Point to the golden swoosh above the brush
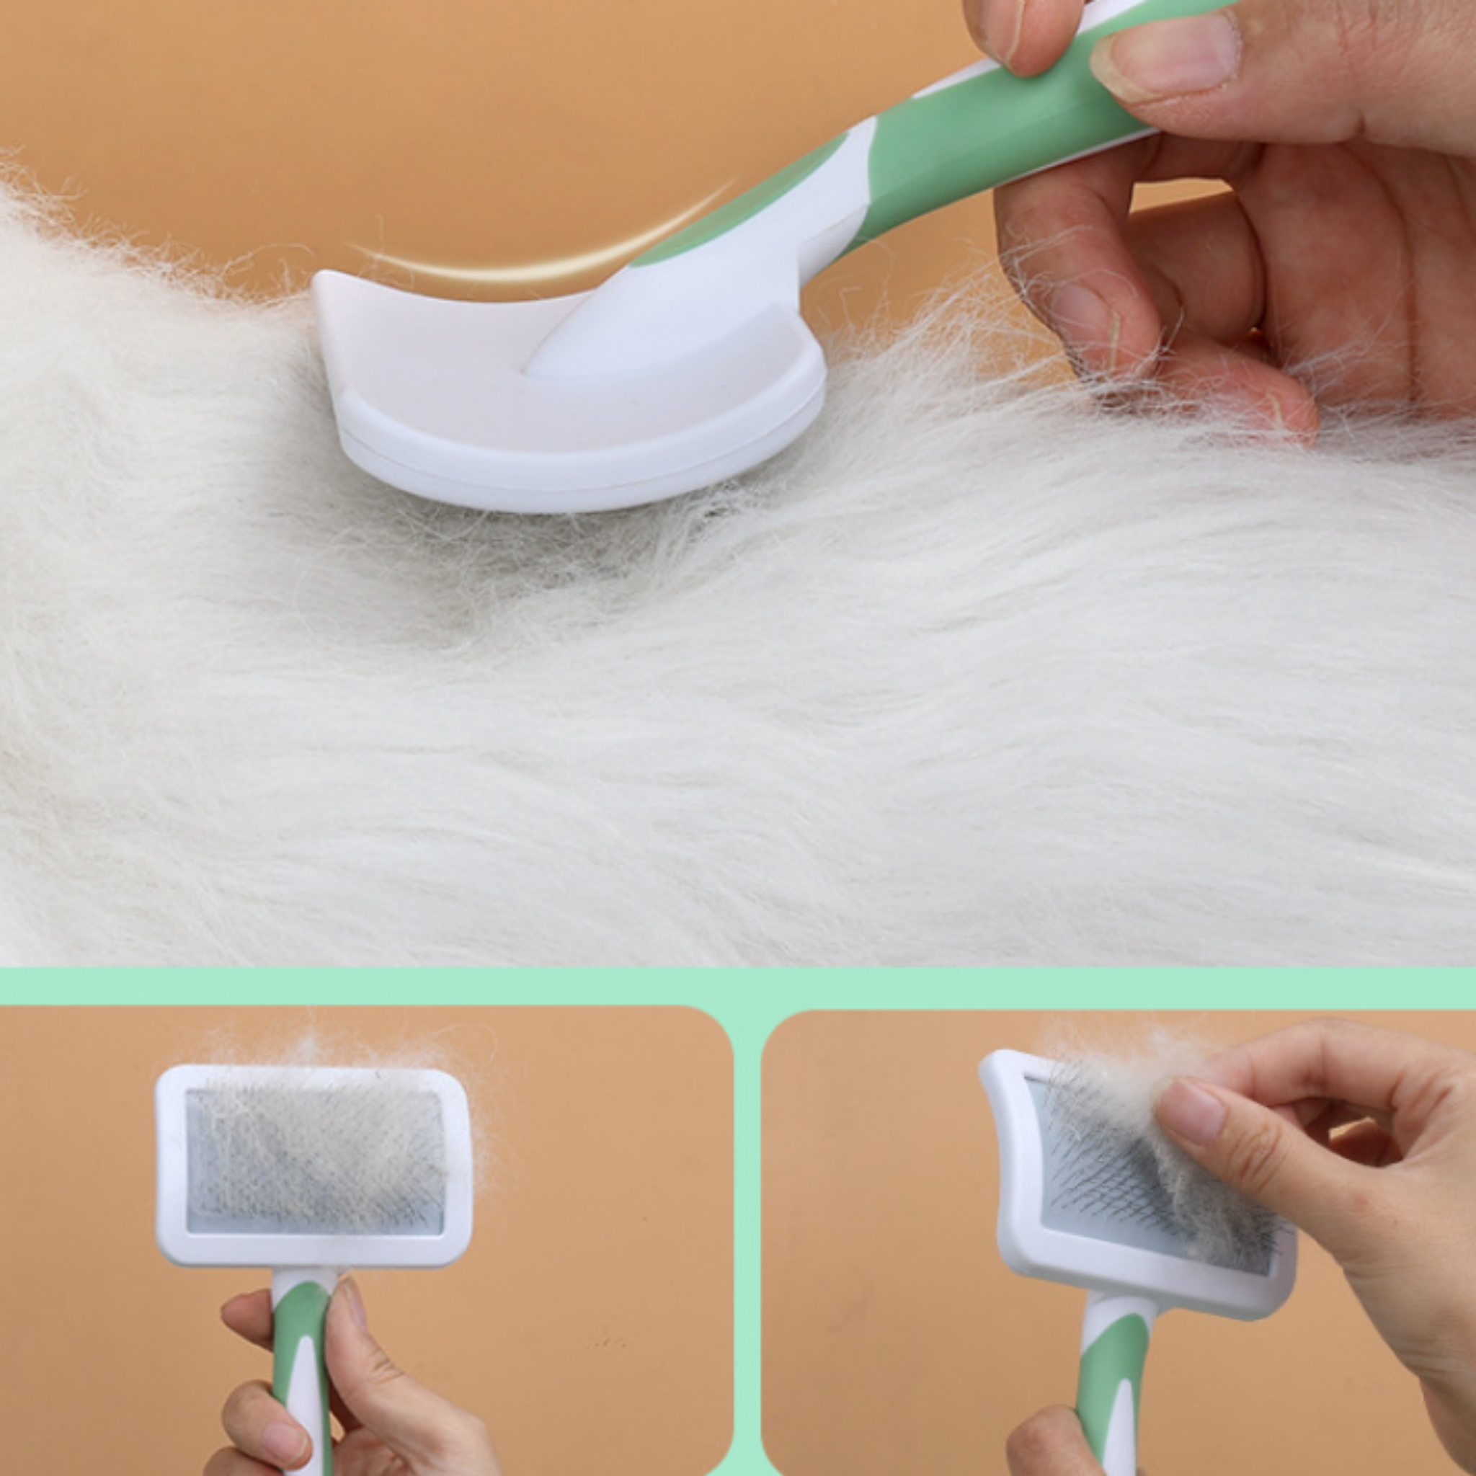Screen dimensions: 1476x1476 535,256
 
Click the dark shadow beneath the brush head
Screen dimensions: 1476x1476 581,535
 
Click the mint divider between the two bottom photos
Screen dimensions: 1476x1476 747,1237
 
